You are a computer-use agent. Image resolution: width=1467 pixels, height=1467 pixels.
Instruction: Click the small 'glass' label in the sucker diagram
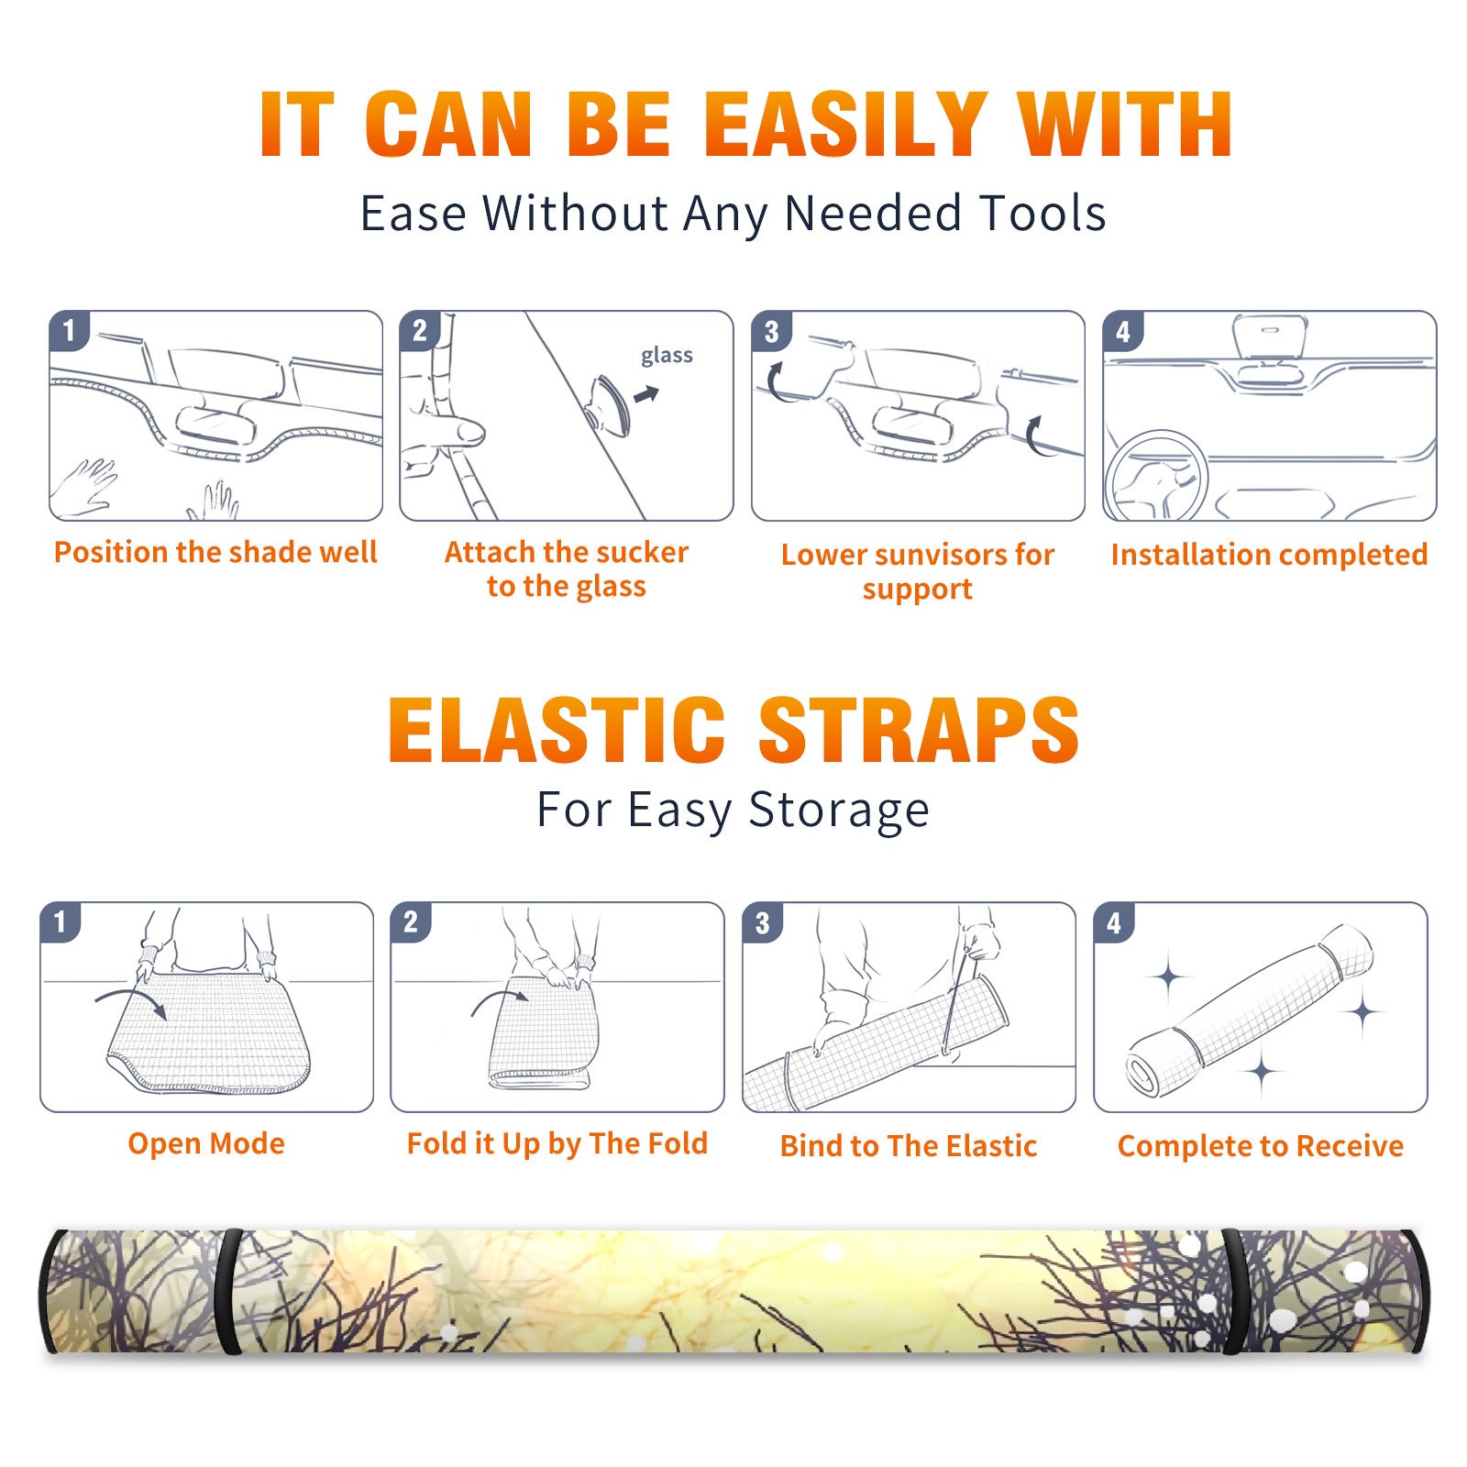(x=667, y=356)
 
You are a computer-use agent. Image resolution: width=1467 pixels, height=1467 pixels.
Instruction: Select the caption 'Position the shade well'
(x=215, y=552)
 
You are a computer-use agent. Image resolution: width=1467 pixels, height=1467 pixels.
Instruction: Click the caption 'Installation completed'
(x=1269, y=555)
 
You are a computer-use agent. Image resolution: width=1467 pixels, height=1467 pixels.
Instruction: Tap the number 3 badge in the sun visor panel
(x=771, y=332)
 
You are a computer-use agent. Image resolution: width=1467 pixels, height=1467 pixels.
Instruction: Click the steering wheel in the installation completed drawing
(x=1156, y=477)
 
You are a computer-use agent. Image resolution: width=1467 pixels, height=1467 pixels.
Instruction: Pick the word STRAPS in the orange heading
(x=919, y=730)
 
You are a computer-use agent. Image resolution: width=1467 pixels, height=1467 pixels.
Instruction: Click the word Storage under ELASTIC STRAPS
(x=839, y=811)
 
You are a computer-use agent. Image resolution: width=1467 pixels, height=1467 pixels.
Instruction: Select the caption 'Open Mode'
(x=206, y=1143)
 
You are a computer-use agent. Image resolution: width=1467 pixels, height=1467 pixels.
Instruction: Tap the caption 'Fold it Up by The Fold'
(x=557, y=1143)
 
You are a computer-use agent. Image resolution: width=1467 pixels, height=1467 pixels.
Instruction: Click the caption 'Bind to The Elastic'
(x=909, y=1146)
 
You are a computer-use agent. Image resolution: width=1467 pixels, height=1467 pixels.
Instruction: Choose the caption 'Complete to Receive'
(x=1261, y=1146)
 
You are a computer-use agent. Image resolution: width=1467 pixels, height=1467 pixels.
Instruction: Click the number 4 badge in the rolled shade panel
(x=1114, y=922)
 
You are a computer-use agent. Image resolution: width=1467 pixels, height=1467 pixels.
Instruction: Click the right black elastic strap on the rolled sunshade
(x=1236, y=1291)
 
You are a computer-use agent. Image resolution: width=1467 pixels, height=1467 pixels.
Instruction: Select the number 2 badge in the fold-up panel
(x=411, y=922)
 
